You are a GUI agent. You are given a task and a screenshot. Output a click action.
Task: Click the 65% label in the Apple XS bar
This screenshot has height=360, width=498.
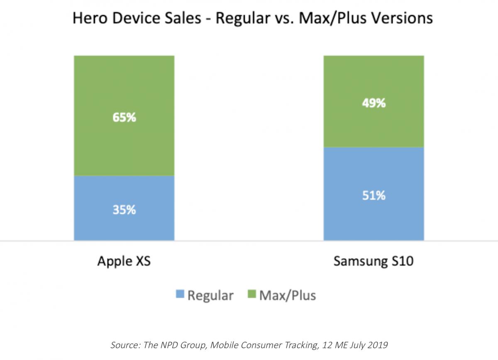click(124, 118)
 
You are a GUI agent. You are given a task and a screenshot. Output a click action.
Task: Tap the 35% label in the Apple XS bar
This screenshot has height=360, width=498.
click(124, 210)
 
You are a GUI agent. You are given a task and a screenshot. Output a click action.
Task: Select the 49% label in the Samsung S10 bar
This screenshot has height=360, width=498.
click(373, 103)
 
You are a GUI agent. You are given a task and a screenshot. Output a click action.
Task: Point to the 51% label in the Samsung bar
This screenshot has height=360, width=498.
click(373, 195)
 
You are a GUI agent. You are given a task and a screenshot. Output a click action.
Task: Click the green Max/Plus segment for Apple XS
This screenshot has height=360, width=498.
click(124, 83)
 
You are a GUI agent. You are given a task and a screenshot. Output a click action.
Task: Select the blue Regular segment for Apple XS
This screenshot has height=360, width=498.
click(124, 228)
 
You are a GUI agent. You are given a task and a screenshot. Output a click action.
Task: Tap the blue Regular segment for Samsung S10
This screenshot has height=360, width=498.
click(373, 220)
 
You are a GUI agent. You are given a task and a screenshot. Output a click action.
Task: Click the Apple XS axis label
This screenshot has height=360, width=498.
click(124, 262)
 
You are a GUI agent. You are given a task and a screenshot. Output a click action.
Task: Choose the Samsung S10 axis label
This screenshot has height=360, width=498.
click(373, 262)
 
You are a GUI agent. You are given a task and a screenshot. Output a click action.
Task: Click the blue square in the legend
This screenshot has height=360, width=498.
click(180, 295)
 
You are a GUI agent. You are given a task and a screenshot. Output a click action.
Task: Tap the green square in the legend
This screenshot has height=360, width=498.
click(251, 295)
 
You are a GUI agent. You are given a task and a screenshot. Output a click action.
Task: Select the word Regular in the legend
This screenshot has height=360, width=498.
click(210, 295)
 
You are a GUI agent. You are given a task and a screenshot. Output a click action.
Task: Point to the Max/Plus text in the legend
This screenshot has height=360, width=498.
click(287, 295)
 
